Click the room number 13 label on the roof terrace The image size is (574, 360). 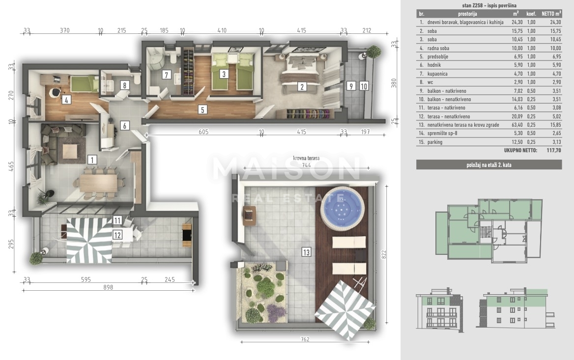(306, 252)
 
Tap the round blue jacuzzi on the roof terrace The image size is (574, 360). (342, 209)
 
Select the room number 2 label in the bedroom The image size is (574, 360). (302, 86)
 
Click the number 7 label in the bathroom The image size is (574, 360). (166, 75)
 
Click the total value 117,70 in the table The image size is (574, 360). (554, 150)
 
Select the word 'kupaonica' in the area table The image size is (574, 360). (437, 74)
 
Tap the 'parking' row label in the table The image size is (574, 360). (435, 142)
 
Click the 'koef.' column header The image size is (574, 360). (531, 14)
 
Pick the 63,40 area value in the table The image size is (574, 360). (517, 125)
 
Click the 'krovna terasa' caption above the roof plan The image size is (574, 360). (306, 158)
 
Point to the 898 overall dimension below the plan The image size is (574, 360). (108, 287)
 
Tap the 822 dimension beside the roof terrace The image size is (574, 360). (384, 254)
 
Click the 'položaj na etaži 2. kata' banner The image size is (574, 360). (488, 165)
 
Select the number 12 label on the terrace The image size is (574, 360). (117, 235)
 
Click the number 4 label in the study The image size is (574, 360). (66, 100)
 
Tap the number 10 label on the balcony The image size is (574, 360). (364, 86)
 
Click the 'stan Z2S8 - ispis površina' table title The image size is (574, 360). (488, 5)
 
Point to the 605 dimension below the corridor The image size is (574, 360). (203, 132)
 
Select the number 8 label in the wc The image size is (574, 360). (124, 85)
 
